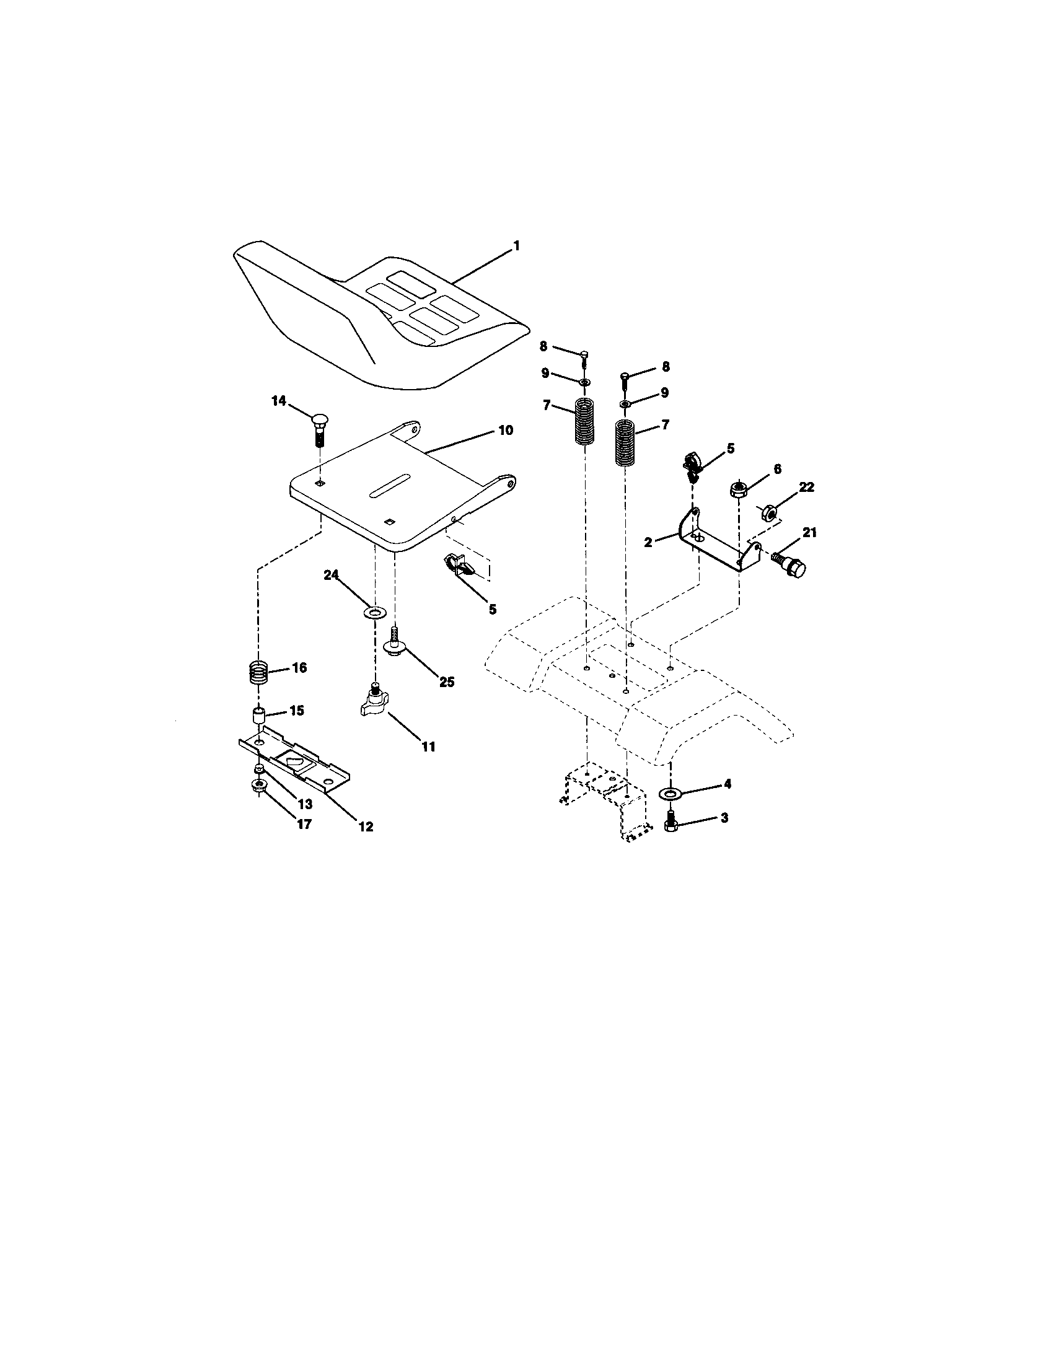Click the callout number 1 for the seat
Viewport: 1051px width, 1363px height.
(x=516, y=247)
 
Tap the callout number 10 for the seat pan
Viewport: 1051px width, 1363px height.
(x=505, y=430)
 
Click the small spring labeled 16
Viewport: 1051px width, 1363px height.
(x=260, y=673)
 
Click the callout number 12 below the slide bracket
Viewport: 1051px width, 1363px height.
(x=366, y=826)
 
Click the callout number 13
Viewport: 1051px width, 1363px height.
(x=304, y=804)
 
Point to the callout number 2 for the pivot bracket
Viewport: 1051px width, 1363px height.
(x=648, y=542)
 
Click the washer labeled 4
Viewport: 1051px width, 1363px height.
(x=671, y=793)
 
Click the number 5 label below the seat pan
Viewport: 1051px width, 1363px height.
(x=493, y=609)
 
